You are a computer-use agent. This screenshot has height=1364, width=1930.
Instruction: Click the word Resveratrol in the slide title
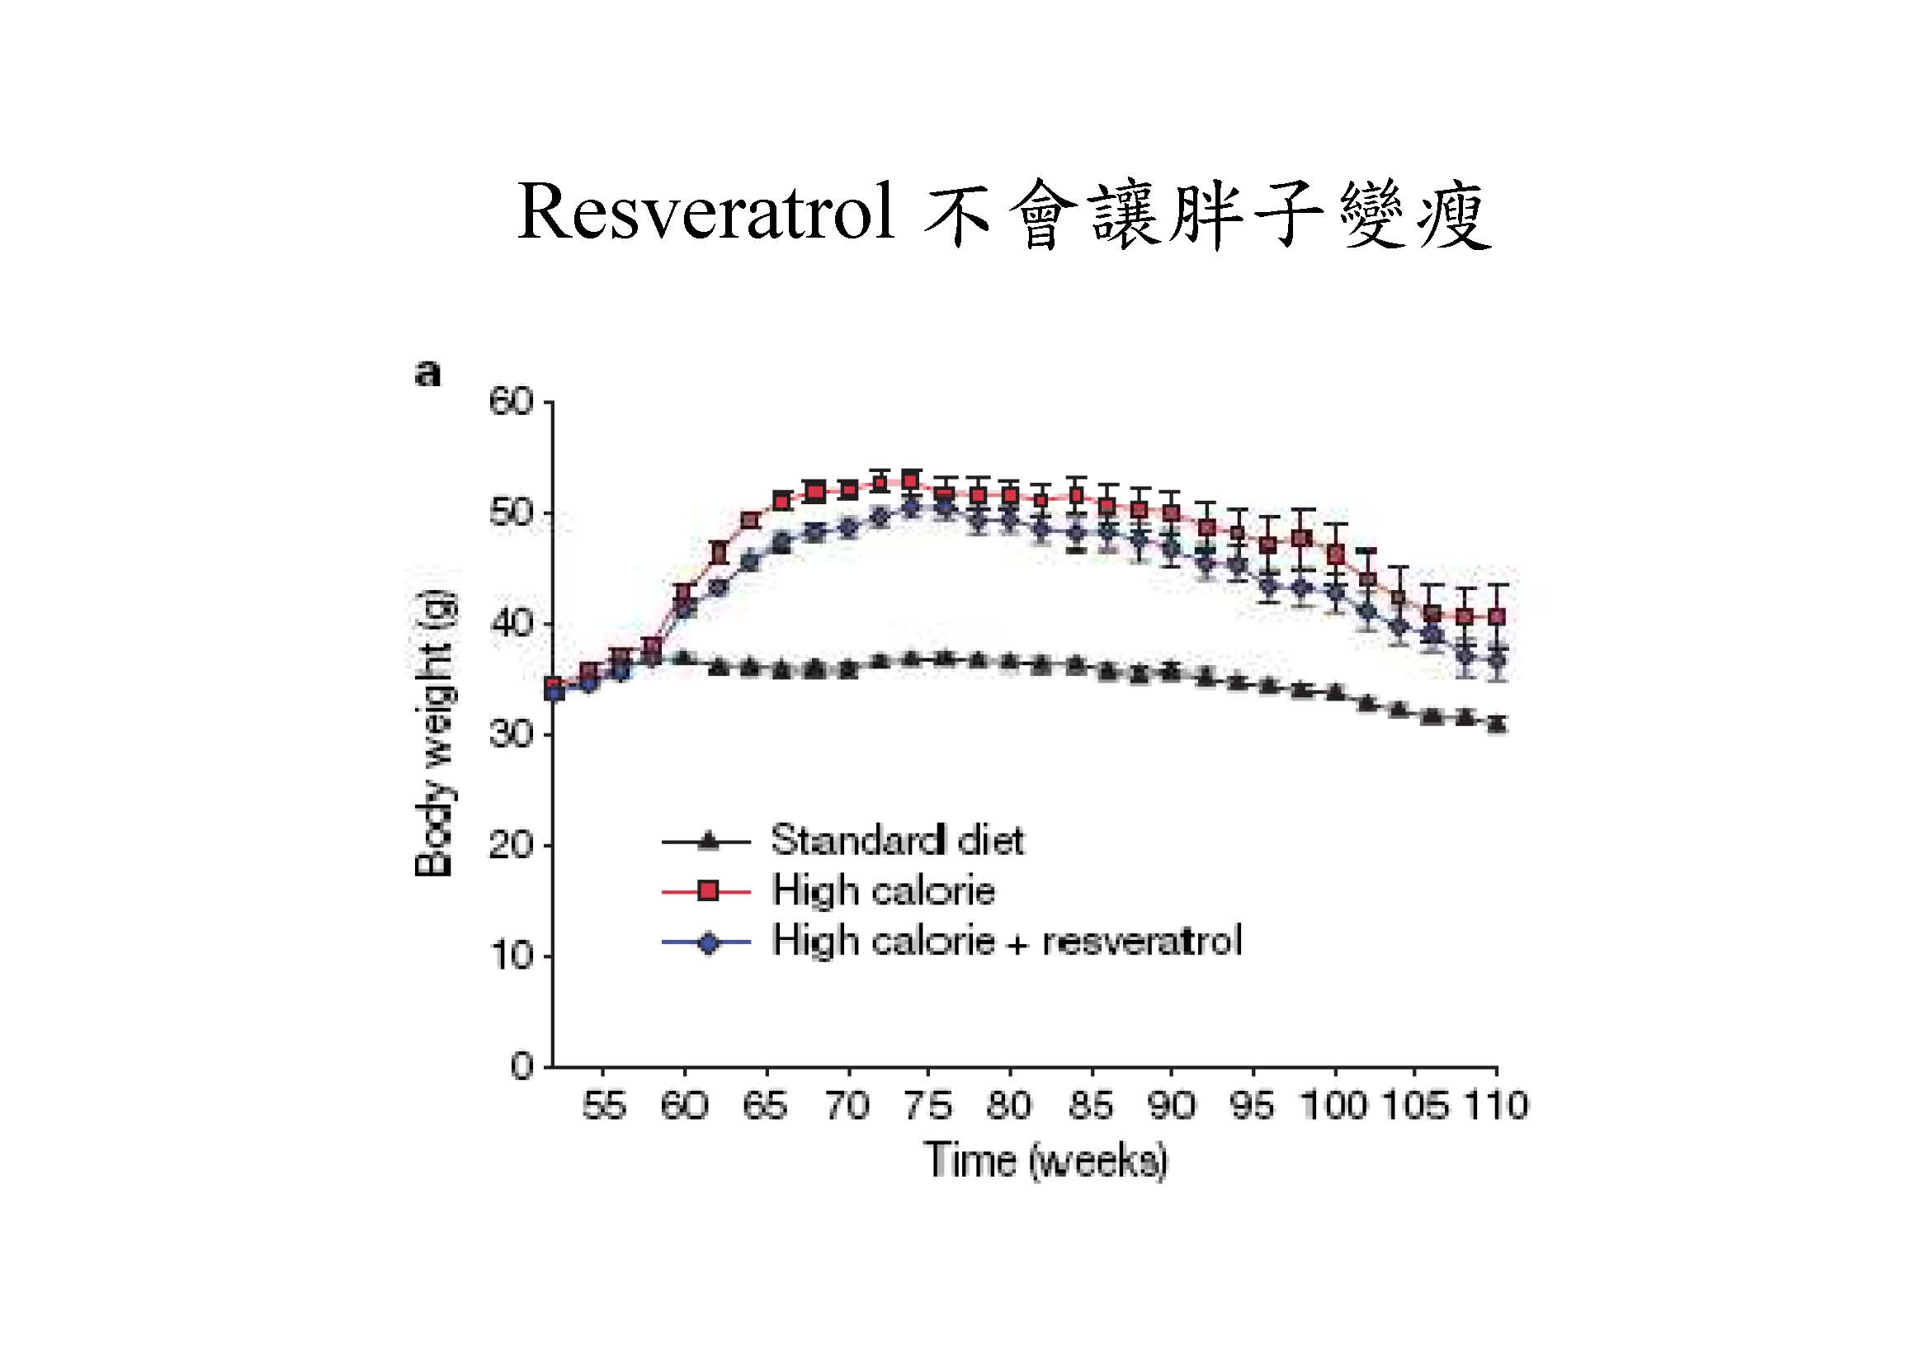click(705, 213)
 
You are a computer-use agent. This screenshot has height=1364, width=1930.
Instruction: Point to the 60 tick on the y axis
click(511, 404)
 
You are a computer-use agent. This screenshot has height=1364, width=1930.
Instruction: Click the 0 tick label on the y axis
click(522, 1066)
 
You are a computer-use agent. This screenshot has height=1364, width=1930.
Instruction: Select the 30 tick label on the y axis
click(511, 735)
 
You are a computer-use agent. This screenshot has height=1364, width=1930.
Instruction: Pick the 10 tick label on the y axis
click(511, 956)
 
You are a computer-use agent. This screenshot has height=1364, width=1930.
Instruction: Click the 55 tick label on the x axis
click(603, 1105)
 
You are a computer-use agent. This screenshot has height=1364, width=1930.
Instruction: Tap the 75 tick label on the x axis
click(928, 1105)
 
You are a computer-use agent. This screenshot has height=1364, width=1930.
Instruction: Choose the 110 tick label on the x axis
click(1496, 1105)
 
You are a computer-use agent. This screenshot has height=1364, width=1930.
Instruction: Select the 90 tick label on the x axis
click(1172, 1105)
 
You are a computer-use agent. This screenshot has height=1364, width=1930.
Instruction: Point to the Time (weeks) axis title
click(1045, 1161)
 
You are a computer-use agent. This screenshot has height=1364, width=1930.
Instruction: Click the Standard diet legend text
click(897, 839)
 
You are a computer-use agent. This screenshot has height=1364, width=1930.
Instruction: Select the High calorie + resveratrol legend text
click(1006, 941)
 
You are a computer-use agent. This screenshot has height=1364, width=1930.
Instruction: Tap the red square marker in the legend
click(709, 891)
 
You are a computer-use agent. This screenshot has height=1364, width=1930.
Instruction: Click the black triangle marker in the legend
click(709, 839)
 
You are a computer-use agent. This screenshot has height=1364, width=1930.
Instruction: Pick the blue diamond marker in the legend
click(709, 943)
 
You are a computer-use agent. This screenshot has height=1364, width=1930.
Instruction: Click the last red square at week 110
click(1496, 617)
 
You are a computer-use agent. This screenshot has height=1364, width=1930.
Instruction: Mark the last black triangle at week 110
click(1496, 723)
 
